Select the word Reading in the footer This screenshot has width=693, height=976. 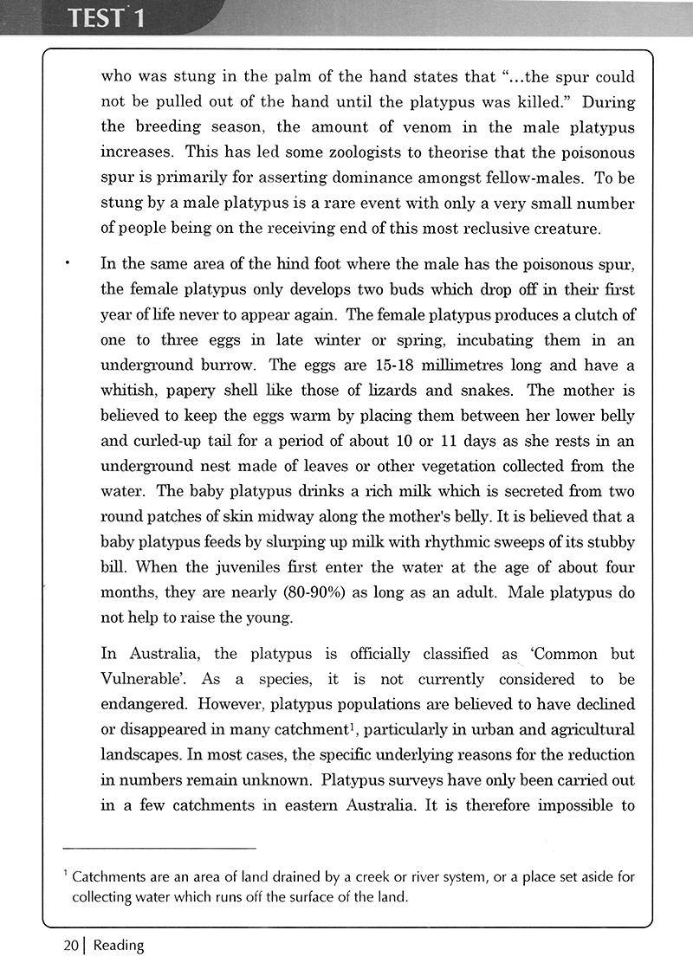(119, 945)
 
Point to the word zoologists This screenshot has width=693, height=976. (417, 152)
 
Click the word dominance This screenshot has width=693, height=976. (377, 178)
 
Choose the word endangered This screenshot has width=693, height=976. (141, 704)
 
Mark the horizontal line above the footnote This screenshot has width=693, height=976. (160, 847)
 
